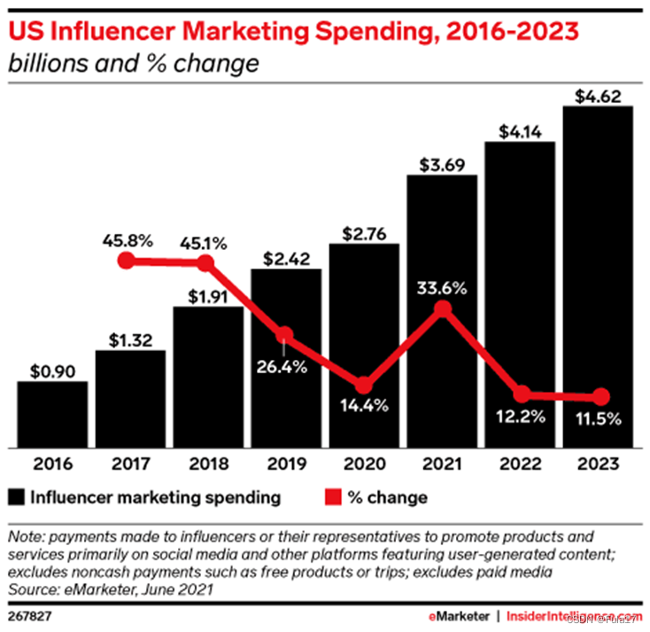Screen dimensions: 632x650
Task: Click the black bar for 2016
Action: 51,414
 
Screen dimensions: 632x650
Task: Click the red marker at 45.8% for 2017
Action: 127,261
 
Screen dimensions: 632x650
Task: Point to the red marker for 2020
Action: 364,385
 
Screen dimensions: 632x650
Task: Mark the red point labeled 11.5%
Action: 600,396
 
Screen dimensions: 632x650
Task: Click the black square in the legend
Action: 19,497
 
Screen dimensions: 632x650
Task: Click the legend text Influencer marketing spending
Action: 156,497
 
